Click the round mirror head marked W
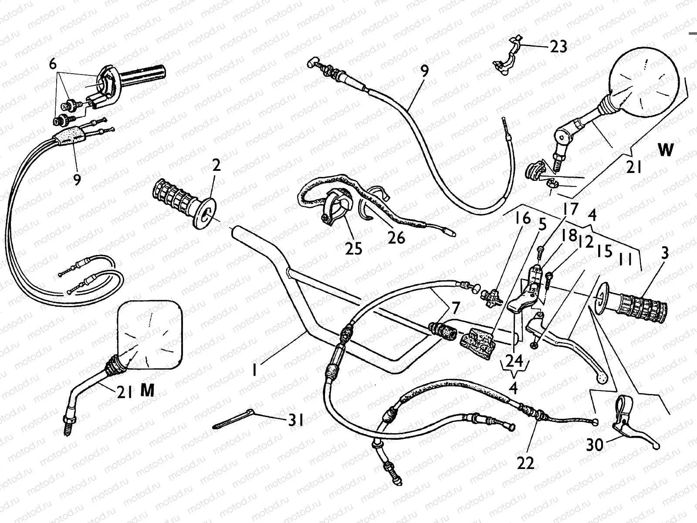644,84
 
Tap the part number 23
558,47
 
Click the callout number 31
296,420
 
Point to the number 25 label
353,248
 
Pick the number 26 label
396,238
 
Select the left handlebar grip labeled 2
184,204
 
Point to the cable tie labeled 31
233,419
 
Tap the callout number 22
525,463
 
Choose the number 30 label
595,445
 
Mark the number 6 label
53,64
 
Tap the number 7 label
456,308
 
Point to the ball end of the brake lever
602,378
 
